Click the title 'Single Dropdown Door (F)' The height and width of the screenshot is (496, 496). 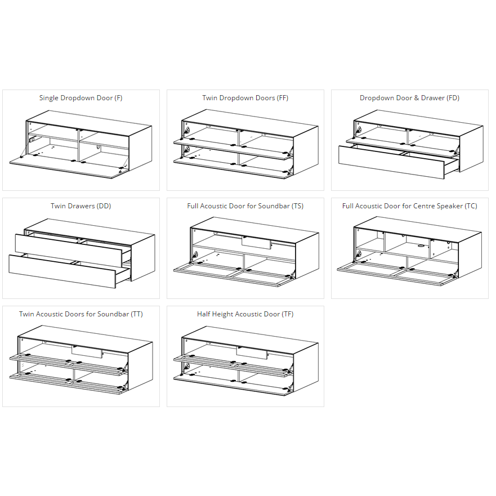pyautogui.click(x=81, y=98)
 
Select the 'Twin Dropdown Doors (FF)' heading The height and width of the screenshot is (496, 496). pyautogui.click(x=245, y=98)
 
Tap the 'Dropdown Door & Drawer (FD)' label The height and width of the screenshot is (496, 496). pyautogui.click(x=409, y=98)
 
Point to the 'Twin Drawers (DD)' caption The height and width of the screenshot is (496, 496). pyautogui.click(x=81, y=206)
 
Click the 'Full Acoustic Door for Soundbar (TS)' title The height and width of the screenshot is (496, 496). pyautogui.click(x=245, y=206)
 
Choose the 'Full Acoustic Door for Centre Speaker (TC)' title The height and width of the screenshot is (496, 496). pyautogui.click(x=409, y=206)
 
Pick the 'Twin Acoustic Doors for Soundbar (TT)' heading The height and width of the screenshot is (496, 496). pyautogui.click(x=81, y=314)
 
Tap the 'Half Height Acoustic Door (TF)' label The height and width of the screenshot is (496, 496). pyautogui.click(x=245, y=314)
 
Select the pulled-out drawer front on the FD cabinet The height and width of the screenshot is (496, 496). pyautogui.click(x=391, y=162)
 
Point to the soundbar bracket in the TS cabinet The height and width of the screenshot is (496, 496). pyautogui.click(x=256, y=243)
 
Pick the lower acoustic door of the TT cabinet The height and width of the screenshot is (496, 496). pyautogui.click(x=68, y=383)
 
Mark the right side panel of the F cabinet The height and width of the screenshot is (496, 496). pyautogui.click(x=140, y=148)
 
